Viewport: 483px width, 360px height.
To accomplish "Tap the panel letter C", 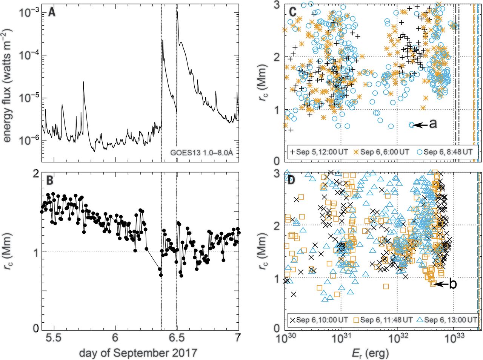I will pyautogui.click(x=292, y=12).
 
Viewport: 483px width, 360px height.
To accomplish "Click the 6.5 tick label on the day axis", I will pyautogui.click(x=177, y=338).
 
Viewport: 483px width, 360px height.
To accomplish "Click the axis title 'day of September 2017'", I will pyautogui.click(x=138, y=353).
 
